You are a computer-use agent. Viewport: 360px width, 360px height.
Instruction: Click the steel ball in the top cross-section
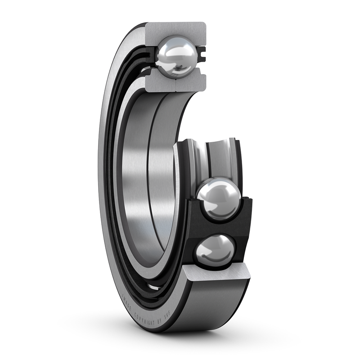coord(177,57)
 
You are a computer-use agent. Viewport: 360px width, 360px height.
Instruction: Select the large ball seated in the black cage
coord(219,199)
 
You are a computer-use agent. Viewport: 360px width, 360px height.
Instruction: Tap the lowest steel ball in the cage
coord(215,250)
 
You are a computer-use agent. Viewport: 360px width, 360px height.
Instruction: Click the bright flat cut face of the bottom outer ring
coord(216,272)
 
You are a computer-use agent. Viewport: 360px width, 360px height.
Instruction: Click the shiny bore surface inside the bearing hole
coord(139,180)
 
